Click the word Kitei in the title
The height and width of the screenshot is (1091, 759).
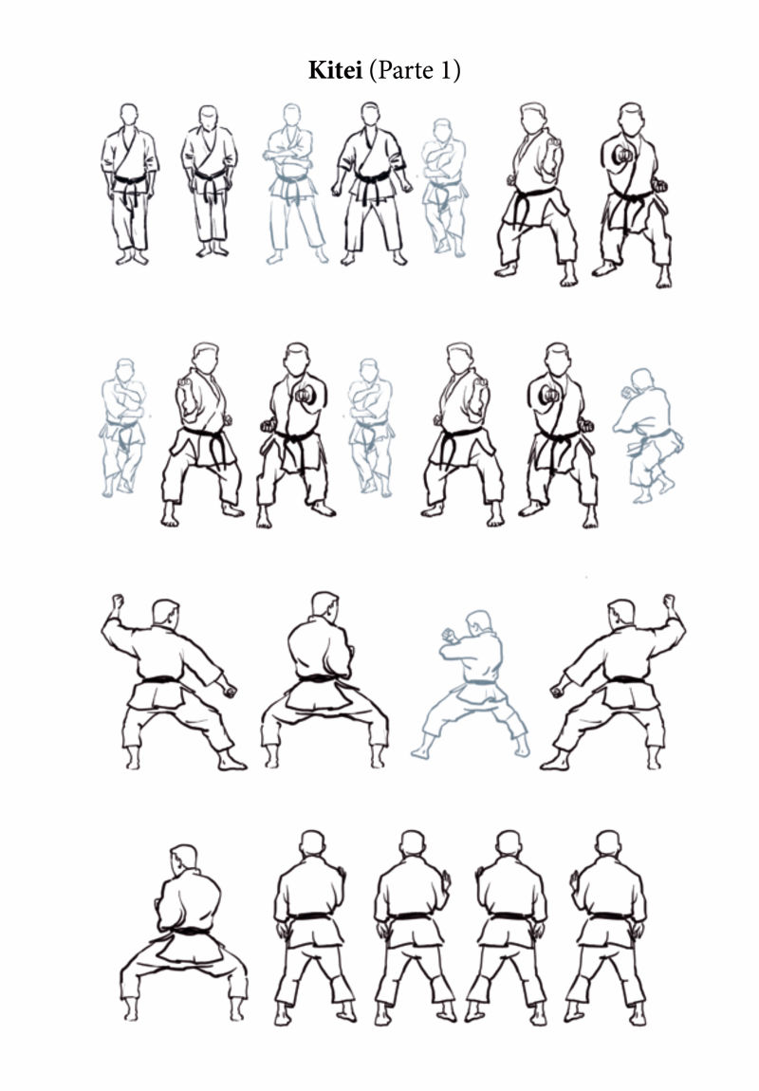pos(335,70)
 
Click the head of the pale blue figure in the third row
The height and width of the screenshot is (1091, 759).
pos(478,621)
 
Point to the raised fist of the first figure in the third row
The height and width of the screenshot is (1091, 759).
pos(118,601)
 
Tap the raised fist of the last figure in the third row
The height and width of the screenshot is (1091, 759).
pos(669,601)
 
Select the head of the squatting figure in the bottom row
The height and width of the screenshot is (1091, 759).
pos(184,858)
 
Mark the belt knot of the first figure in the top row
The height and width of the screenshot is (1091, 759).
pos(130,183)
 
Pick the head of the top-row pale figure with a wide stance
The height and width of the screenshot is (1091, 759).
pos(291,115)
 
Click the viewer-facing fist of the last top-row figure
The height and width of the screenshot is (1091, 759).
pos(622,156)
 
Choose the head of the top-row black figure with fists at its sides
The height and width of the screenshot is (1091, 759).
pos(370,114)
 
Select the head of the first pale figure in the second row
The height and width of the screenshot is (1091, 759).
pos(124,369)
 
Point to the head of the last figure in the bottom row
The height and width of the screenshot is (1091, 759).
pos(608,843)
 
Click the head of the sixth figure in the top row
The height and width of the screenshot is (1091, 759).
pos(532,119)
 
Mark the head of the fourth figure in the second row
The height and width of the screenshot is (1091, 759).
pos(369,369)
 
